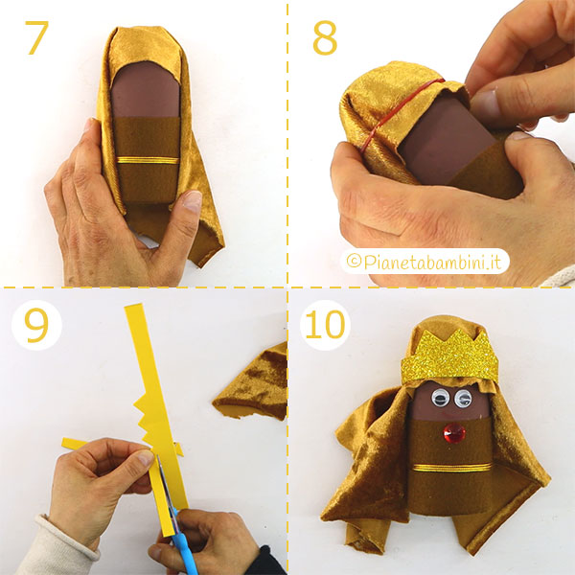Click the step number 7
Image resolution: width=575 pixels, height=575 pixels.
[36, 37]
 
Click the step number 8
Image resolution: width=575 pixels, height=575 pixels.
[325, 37]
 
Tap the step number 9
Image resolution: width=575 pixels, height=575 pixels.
[36, 326]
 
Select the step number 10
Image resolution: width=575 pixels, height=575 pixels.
[325, 325]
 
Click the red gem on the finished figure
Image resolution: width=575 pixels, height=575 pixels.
[454, 433]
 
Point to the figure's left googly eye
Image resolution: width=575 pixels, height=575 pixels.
[439, 398]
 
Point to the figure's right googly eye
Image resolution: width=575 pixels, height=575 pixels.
[463, 399]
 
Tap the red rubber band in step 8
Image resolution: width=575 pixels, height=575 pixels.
[399, 110]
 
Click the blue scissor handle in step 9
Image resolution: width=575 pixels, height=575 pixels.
[184, 542]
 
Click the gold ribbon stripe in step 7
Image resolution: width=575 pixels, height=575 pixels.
[148, 160]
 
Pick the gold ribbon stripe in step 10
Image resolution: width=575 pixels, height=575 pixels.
[452, 468]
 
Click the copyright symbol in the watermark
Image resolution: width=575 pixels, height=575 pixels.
[354, 262]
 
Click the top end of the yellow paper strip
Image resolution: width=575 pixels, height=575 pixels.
[133, 306]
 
